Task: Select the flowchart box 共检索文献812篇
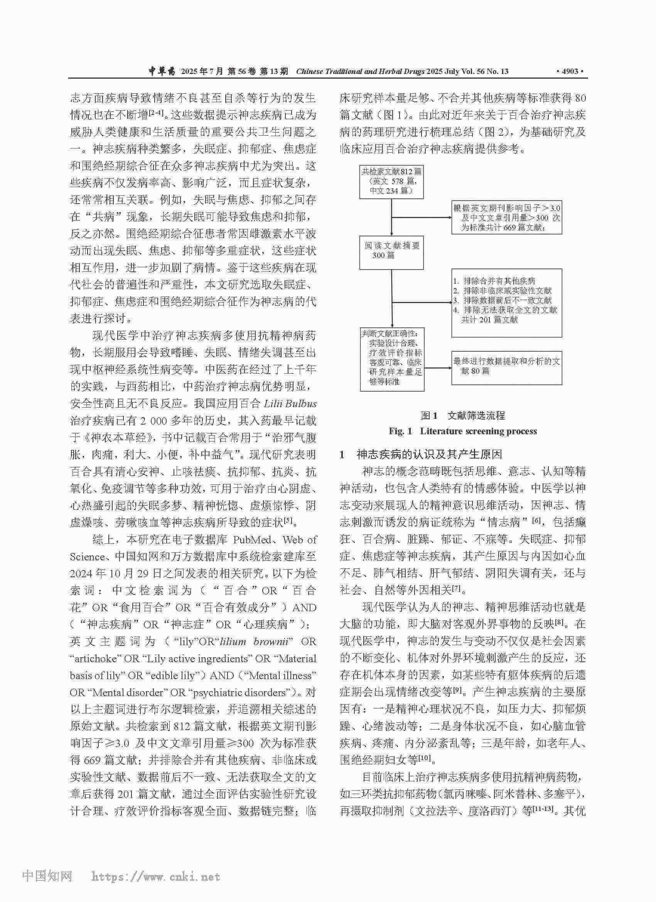[x=391, y=181]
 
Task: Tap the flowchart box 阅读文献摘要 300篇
[x=391, y=252]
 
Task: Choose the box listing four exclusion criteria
[x=506, y=303]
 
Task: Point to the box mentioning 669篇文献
[x=506, y=217]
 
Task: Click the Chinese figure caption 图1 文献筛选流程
[x=463, y=416]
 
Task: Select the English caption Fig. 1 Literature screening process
[x=463, y=431]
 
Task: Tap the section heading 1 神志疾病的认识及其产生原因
[x=421, y=454]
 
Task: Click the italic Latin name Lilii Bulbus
[x=290, y=404]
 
